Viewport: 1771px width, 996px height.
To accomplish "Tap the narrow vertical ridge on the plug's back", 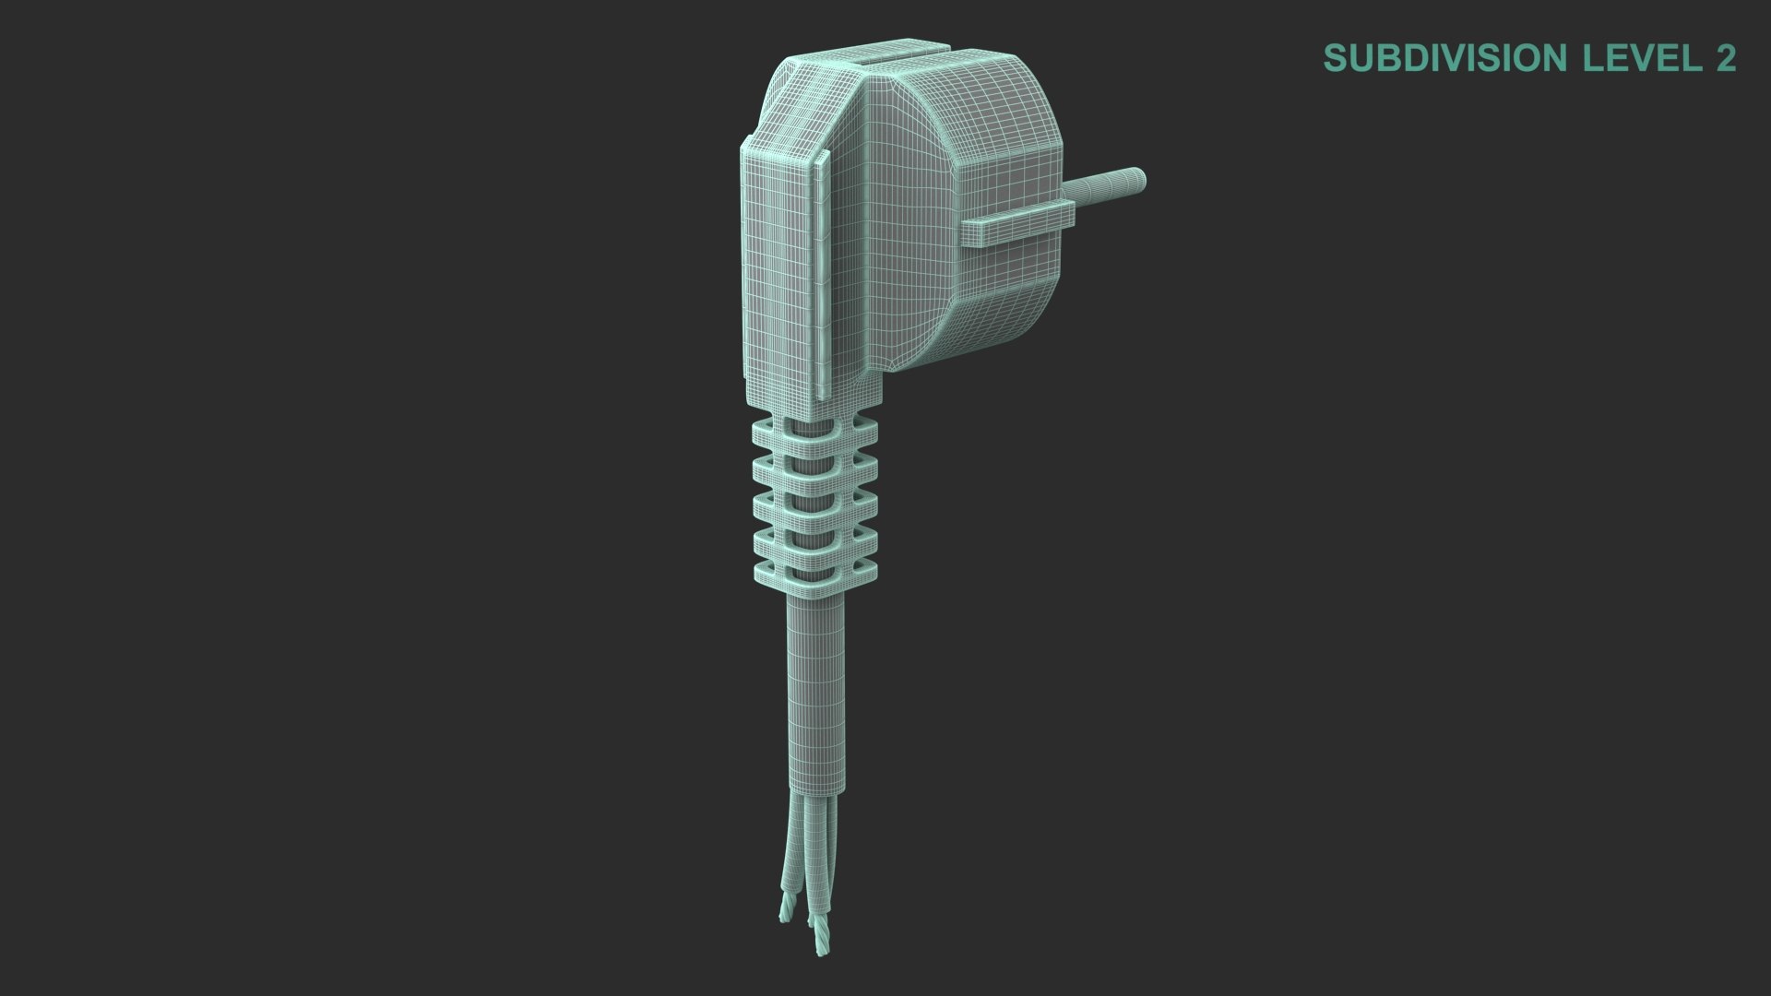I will (817, 277).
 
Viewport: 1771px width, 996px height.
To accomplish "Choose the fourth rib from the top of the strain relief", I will (814, 538).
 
